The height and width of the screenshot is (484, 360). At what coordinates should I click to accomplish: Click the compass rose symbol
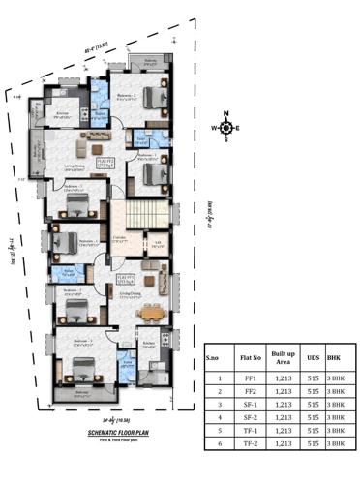pyautogui.click(x=225, y=128)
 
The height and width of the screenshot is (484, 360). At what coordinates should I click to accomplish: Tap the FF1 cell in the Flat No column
pyautogui.click(x=252, y=378)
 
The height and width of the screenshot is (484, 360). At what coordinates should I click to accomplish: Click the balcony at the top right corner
pyautogui.click(x=149, y=64)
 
